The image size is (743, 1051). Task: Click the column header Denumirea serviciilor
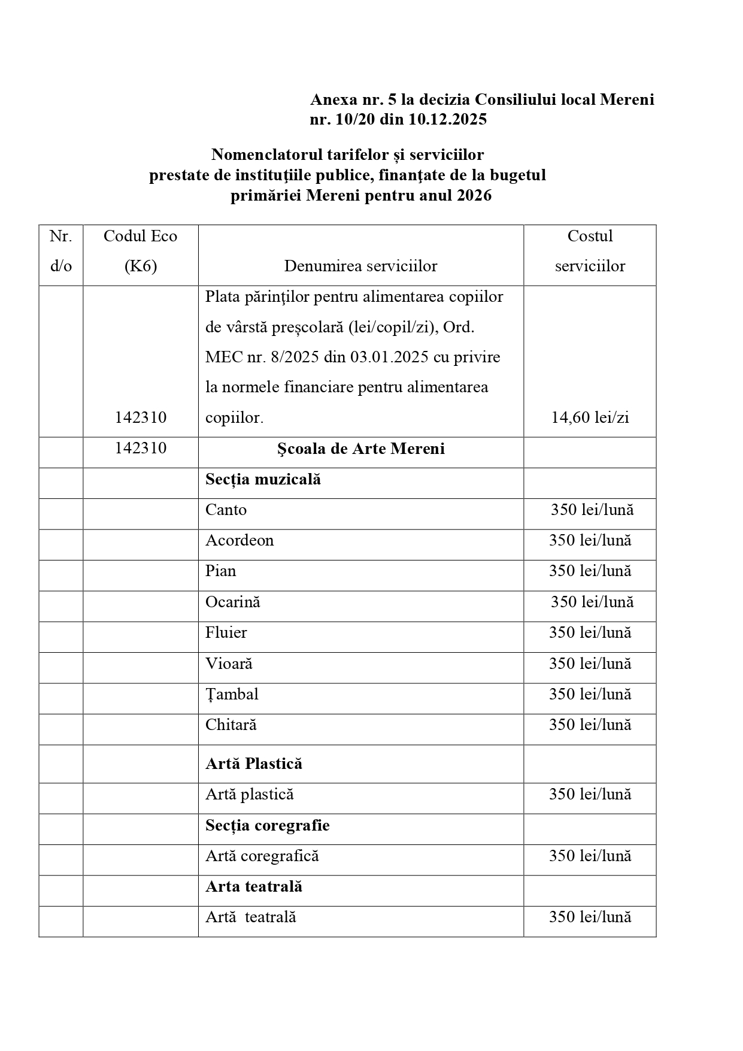coord(360,266)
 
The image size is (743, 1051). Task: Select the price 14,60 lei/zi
coord(590,417)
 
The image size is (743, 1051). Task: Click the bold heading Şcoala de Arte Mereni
coord(360,449)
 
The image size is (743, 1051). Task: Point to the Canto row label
coord(226,510)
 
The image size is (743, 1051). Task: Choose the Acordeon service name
coord(239,540)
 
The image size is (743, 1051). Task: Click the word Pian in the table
coord(220,571)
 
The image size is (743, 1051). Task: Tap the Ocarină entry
coord(232,602)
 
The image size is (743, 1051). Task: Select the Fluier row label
coord(226,632)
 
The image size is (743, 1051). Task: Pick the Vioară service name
coord(229,664)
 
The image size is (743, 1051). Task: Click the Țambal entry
coord(232,694)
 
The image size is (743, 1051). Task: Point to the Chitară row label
coord(231,725)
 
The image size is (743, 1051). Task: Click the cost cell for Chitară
coord(590,725)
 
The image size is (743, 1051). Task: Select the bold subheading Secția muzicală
coord(263,479)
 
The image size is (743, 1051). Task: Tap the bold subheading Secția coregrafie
coord(267,825)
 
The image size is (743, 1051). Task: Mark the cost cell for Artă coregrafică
coord(590,856)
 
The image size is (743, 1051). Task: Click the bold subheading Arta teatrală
coord(253,886)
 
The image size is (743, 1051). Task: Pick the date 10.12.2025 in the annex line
coord(448,119)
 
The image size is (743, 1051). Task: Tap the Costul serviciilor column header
coord(590,251)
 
